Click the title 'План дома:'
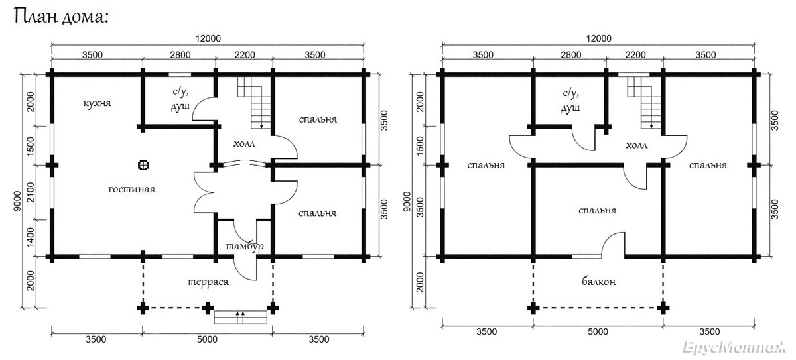click(x=61, y=17)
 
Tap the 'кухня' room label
click(x=97, y=103)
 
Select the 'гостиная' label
click(x=131, y=189)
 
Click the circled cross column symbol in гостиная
click(x=143, y=165)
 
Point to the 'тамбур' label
click(x=245, y=246)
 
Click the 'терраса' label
click(x=208, y=282)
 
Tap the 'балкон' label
click(x=599, y=282)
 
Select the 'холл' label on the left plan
click(x=244, y=143)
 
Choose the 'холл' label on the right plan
click(x=636, y=145)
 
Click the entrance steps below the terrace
click(x=241, y=317)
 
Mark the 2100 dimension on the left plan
click(x=31, y=192)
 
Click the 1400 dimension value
click(x=31, y=237)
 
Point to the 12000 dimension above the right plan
click(x=599, y=38)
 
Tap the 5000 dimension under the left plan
click(x=207, y=339)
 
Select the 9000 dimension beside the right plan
click(x=407, y=202)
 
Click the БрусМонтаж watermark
click(x=734, y=347)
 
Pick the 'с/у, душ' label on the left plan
click(x=180, y=99)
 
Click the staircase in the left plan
click(x=255, y=103)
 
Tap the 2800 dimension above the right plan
click(x=570, y=55)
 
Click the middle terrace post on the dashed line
click(x=208, y=308)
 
